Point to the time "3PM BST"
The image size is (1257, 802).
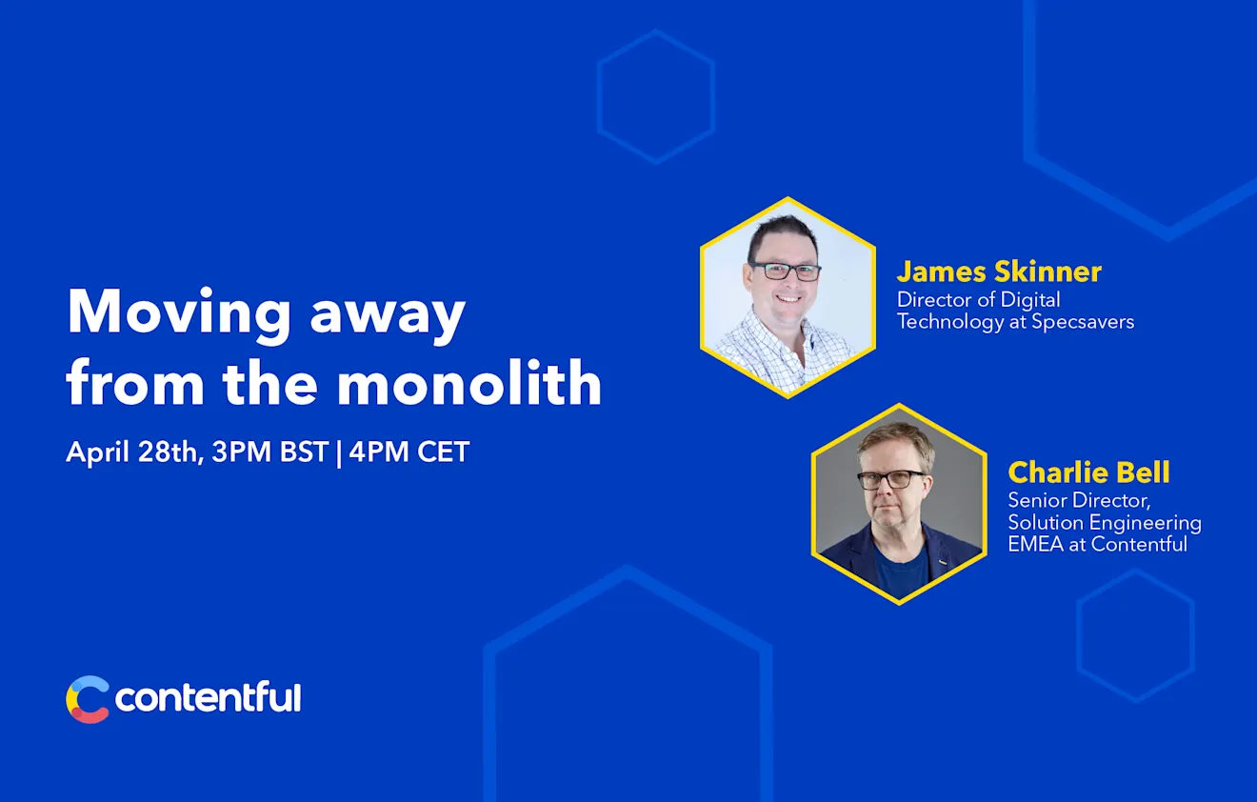pyautogui.click(x=270, y=451)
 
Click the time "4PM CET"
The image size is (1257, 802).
pyautogui.click(x=409, y=451)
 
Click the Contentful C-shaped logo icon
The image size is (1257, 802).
pyautogui.click(x=88, y=699)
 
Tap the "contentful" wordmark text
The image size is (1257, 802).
pyautogui.click(x=208, y=698)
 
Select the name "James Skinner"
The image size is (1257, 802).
pyautogui.click(x=999, y=271)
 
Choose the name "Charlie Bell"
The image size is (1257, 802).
pyautogui.click(x=1088, y=472)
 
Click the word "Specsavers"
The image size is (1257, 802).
pyautogui.click(x=1083, y=322)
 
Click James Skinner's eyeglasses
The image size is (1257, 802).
pyautogui.click(x=786, y=271)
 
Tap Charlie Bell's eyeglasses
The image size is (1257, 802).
pyautogui.click(x=891, y=479)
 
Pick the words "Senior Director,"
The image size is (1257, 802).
pyautogui.click(x=1079, y=500)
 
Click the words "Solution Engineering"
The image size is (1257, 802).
pyautogui.click(x=1105, y=523)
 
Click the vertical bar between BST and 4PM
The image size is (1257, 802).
pyautogui.click(x=339, y=451)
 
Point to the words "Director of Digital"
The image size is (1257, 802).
pyautogui.click(x=978, y=299)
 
